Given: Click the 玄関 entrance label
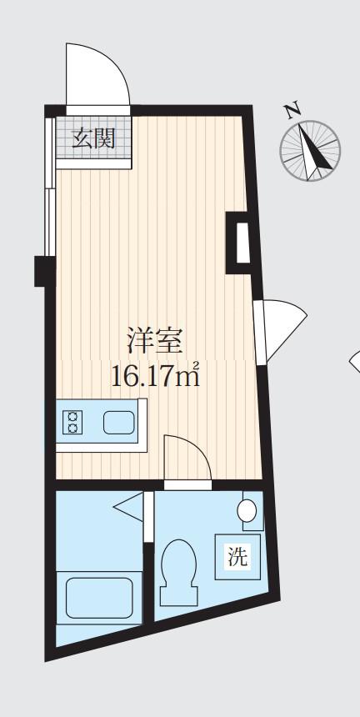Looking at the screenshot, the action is click(x=93, y=138).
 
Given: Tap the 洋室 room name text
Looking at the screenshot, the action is click(x=155, y=342).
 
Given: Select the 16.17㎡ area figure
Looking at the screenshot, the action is click(x=156, y=376).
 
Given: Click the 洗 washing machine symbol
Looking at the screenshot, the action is click(x=237, y=556).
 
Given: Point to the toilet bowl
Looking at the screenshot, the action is click(x=178, y=572).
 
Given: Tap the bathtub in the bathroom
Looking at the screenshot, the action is click(x=100, y=598).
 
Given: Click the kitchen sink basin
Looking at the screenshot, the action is click(x=119, y=422).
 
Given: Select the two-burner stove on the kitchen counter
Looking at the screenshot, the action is click(x=72, y=422).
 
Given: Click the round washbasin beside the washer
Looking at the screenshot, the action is click(x=247, y=511).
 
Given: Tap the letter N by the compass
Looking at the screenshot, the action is click(x=292, y=110).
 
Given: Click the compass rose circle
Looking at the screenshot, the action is click(x=310, y=150).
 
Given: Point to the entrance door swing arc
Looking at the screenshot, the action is click(x=117, y=63).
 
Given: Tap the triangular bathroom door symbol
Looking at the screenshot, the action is click(x=129, y=507).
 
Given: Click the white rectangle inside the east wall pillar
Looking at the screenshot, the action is click(x=243, y=243).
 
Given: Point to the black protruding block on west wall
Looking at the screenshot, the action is click(x=45, y=271).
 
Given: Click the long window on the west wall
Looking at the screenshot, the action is click(x=49, y=187).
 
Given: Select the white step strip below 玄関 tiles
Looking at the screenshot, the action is click(x=93, y=163).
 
